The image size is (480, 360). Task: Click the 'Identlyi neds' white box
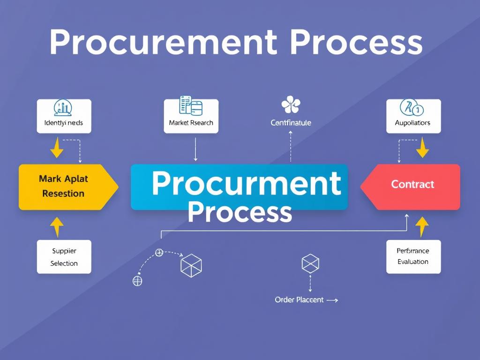tap(64, 117)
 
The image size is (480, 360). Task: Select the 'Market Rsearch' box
tap(191, 117)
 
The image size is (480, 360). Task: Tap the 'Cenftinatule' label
tap(291, 123)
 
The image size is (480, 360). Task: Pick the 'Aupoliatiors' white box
tap(413, 117)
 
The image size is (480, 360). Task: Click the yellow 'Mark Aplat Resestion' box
tap(66, 187)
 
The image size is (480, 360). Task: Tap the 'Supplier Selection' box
tap(64, 257)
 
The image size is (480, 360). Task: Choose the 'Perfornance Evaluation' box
tap(413, 256)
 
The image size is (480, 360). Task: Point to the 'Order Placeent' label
tap(299, 300)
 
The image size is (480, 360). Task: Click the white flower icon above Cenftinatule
tap(291, 105)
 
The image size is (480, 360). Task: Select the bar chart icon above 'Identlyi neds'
tap(63, 107)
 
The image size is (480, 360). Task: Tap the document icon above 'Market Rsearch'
tap(191, 105)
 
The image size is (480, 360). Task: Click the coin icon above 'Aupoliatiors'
tap(412, 108)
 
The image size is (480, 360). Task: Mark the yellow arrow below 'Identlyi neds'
tap(57, 148)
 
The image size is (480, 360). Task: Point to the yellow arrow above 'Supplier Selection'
tap(57, 227)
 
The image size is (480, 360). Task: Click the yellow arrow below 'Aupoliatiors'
tap(422, 148)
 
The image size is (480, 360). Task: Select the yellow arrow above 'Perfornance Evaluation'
tap(422, 227)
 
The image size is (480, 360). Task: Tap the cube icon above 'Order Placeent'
tap(310, 263)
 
